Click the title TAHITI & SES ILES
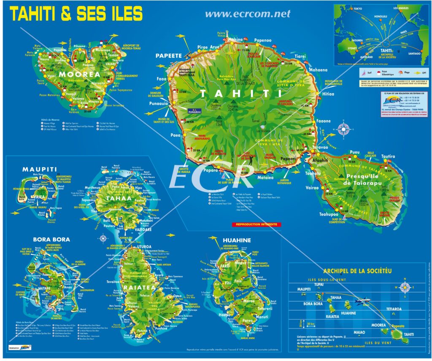click(76, 13)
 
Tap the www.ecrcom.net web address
click(248, 13)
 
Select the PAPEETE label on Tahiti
click(168, 55)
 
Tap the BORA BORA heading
click(51, 239)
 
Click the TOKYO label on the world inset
click(358, 8)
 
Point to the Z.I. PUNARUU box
click(195, 112)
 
